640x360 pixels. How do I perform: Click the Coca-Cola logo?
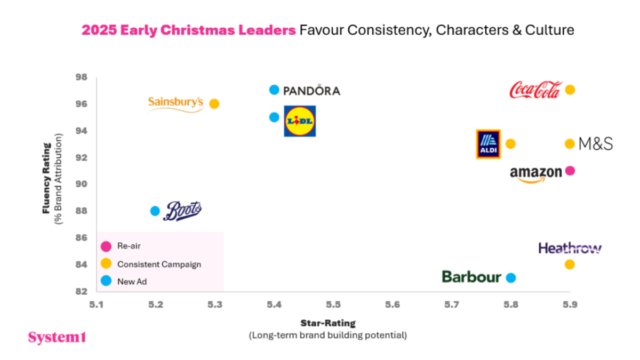click(x=535, y=90)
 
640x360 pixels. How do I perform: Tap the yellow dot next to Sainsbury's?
click(x=214, y=103)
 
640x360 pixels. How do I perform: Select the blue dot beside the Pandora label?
click(x=274, y=90)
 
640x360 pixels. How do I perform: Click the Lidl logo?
click(x=300, y=121)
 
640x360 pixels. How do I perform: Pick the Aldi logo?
click(x=488, y=144)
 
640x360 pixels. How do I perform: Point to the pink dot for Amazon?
click(x=570, y=171)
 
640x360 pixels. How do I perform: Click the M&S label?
click(x=596, y=144)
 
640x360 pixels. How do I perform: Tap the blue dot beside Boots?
click(x=155, y=211)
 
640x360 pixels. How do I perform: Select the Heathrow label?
click(x=570, y=249)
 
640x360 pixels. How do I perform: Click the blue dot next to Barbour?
click(x=511, y=277)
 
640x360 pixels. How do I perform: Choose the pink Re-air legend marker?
click(x=106, y=246)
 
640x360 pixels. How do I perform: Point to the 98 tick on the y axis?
click(x=81, y=77)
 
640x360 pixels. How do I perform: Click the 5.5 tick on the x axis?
click(x=333, y=305)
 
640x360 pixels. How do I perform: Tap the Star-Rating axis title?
click(x=328, y=323)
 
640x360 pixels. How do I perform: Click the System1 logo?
click(x=57, y=338)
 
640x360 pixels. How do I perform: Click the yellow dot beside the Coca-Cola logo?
click(x=570, y=90)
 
